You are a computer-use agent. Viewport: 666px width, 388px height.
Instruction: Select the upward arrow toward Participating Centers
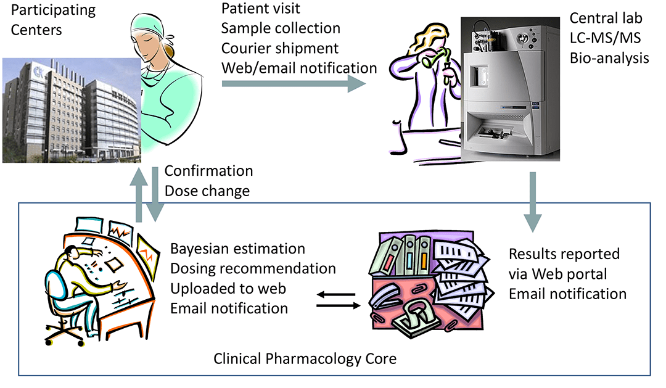140,194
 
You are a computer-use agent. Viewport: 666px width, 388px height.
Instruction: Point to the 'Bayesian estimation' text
238,249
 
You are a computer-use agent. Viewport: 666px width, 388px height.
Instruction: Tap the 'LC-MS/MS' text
605,38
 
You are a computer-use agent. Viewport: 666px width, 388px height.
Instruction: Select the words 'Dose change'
207,191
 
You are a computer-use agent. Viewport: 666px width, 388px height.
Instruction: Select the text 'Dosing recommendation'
253,268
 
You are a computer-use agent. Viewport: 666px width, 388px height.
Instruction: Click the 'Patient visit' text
260,9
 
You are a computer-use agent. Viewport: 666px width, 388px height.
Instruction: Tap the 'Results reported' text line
564,254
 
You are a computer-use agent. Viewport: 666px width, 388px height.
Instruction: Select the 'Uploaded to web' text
228,288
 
